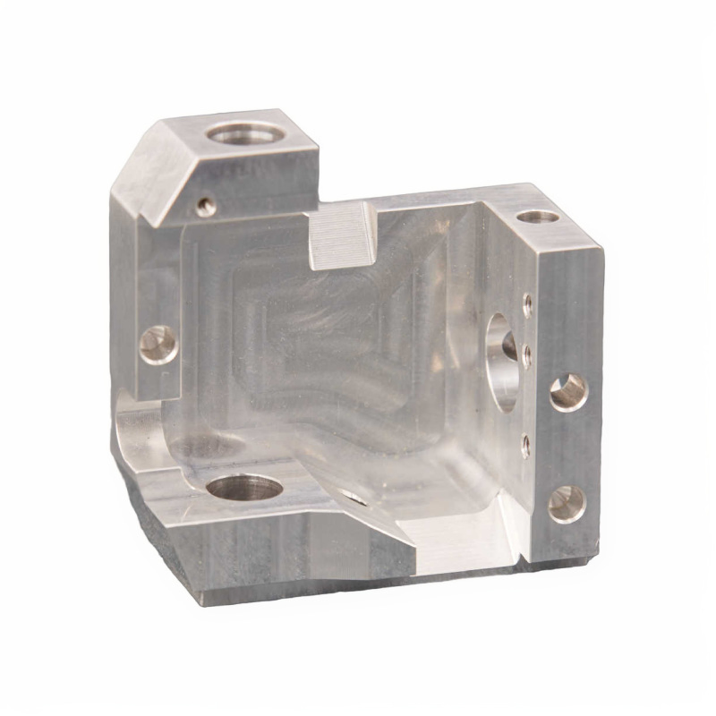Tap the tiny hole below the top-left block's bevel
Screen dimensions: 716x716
coord(206,207)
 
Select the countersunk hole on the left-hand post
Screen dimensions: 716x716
coord(159,344)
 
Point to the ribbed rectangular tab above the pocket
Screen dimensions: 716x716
coord(342,234)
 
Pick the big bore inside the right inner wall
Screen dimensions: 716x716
coord(501,358)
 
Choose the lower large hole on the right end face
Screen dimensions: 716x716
coord(567,503)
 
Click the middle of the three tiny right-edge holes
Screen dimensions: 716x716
coord(527,351)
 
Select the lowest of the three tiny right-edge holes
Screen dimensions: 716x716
coord(526,439)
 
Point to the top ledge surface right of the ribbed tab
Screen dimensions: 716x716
coord(430,204)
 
